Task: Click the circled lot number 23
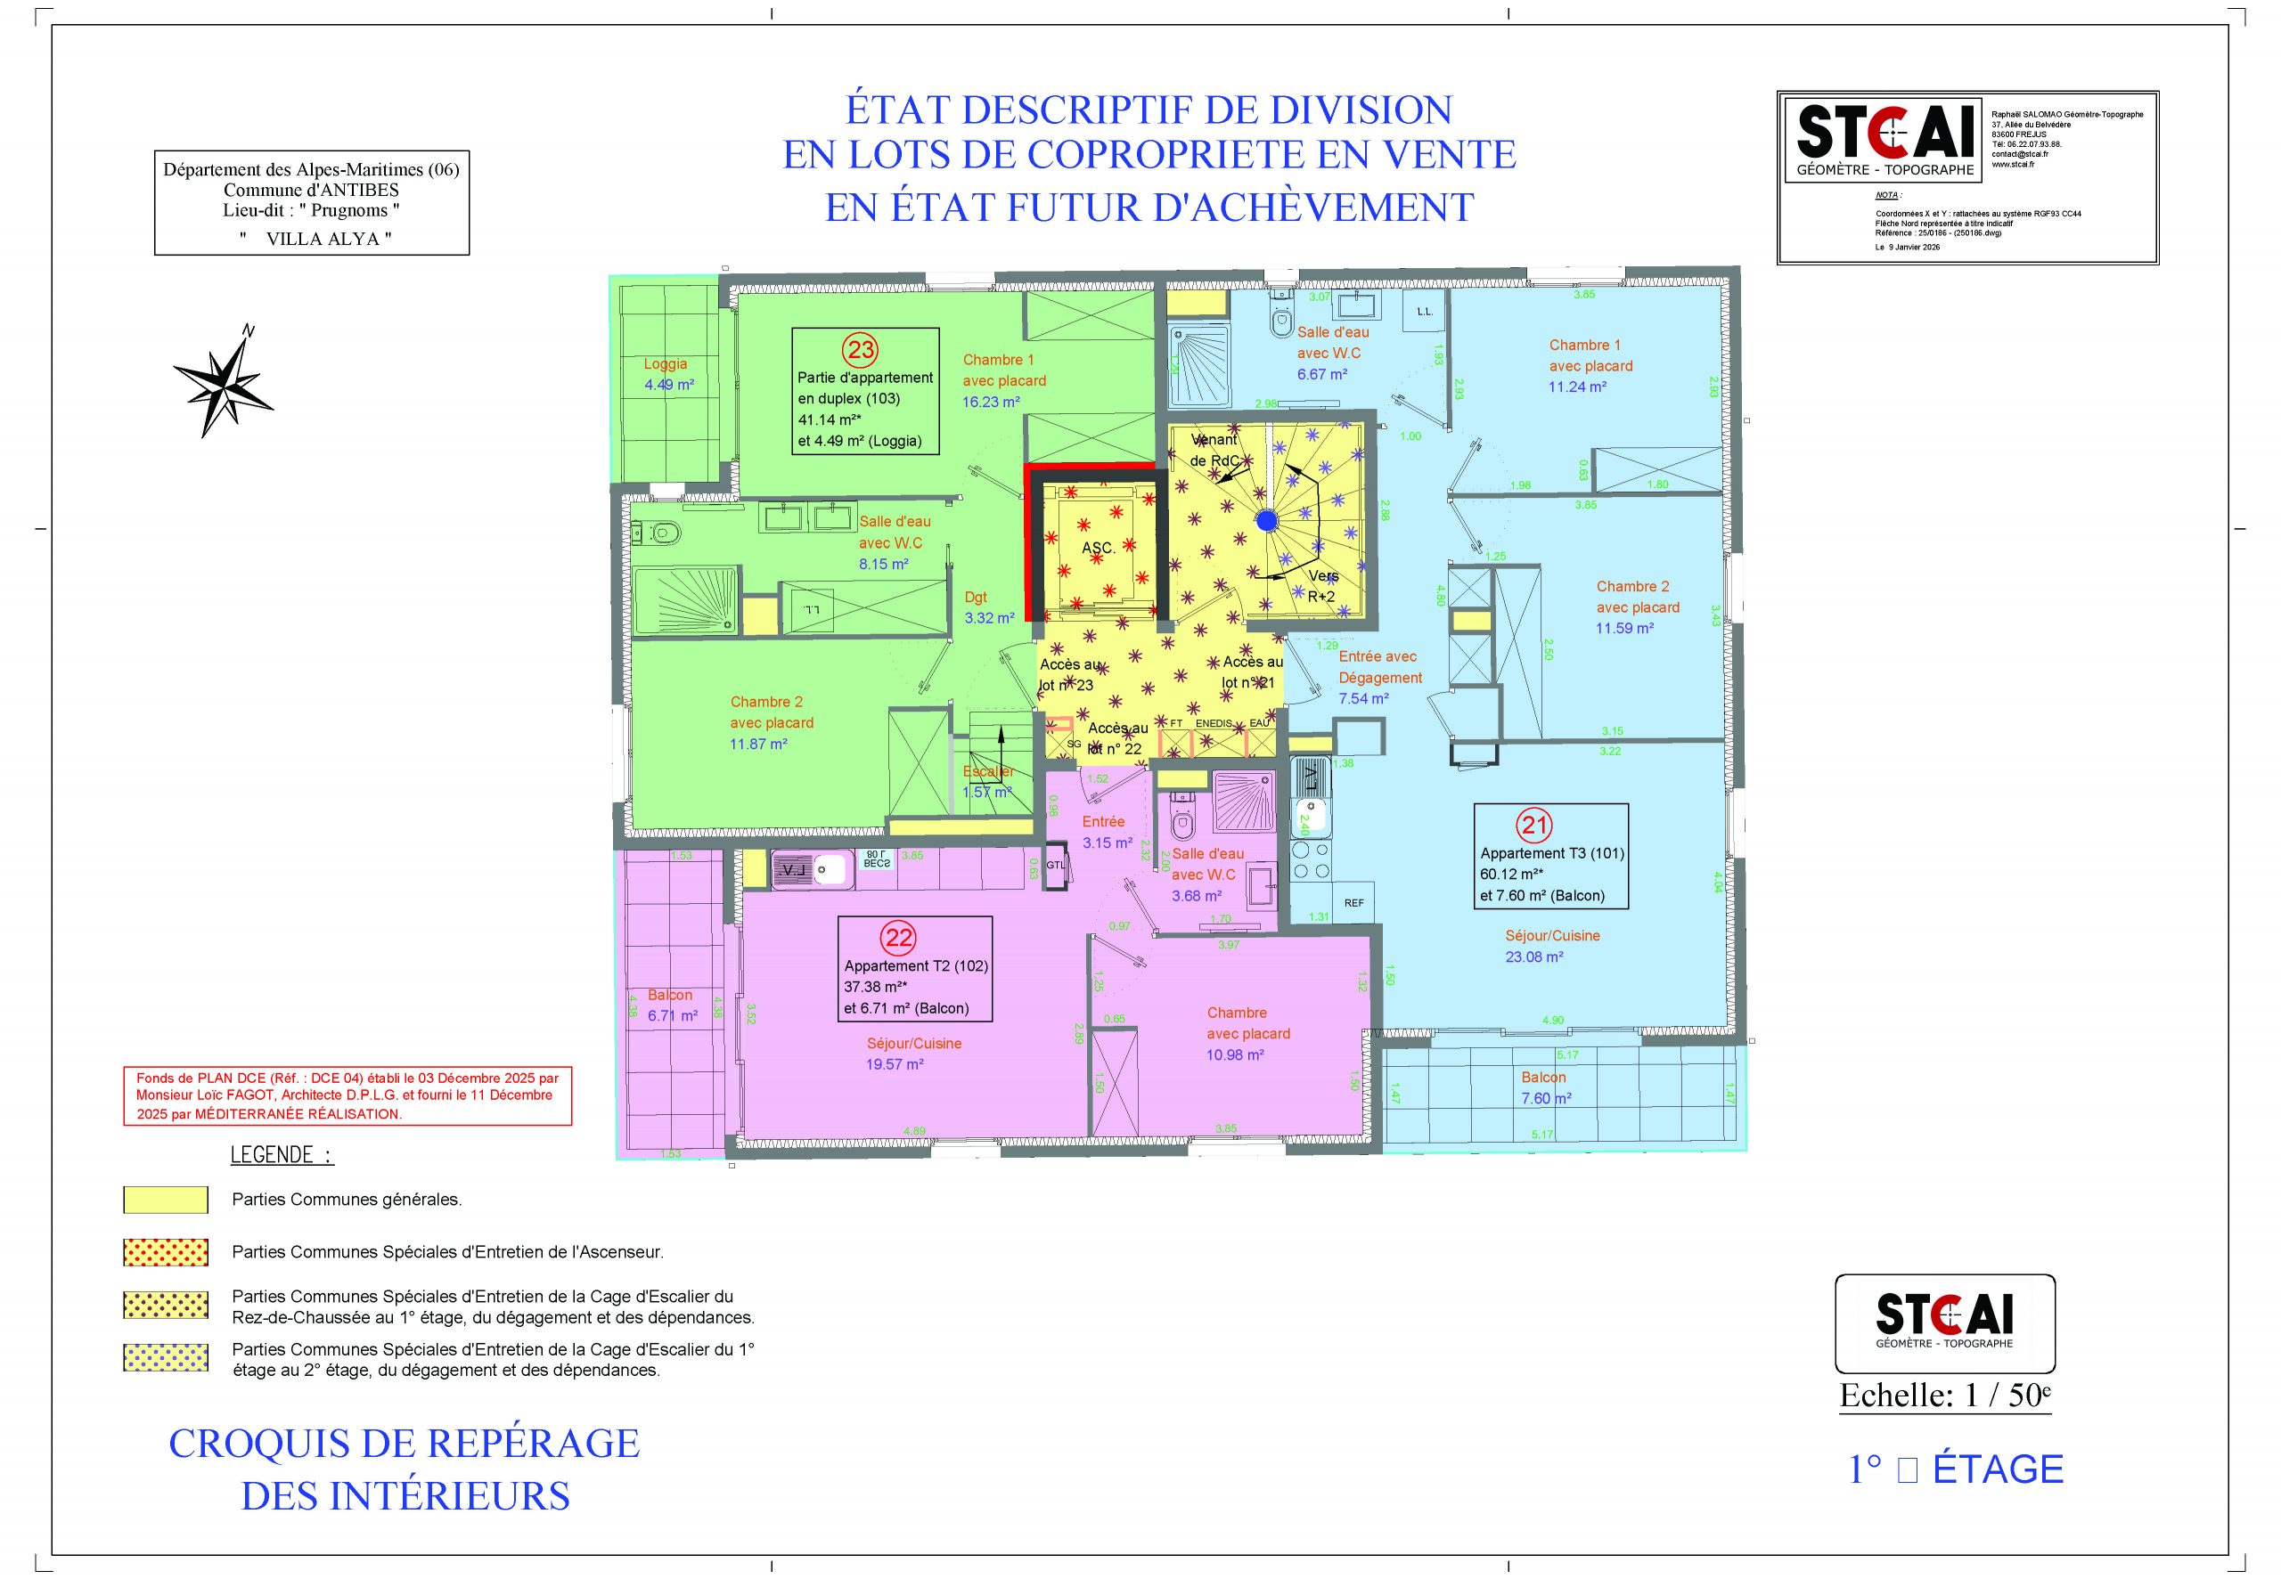[860, 349]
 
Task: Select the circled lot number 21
[1536, 824]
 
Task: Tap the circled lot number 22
[898, 937]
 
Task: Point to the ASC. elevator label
[1098, 548]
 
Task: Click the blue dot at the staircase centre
[1267, 520]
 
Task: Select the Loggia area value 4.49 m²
[669, 385]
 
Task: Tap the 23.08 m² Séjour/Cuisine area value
[1533, 956]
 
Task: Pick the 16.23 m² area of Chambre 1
[991, 402]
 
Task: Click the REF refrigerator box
[1353, 902]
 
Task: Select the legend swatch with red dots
[165, 1251]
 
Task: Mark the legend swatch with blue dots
[165, 1357]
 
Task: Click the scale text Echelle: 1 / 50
[1944, 1395]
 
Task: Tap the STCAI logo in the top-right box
[1885, 133]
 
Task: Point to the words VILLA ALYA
[329, 239]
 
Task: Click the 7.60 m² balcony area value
[1546, 1098]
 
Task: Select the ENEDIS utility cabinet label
[1214, 723]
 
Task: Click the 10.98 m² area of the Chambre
[1235, 1054]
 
